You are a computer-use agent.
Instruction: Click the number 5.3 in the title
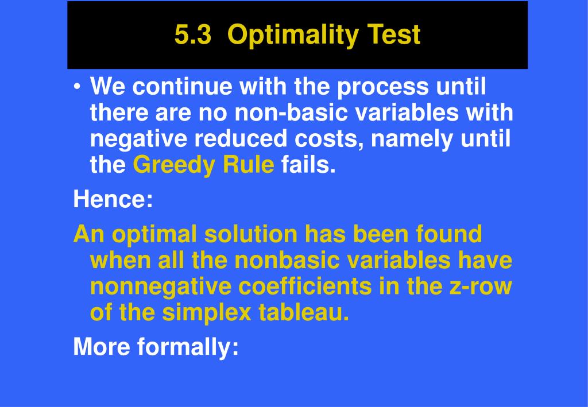(193, 34)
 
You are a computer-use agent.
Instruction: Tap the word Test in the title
(393, 34)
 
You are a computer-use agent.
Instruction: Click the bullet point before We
(77, 87)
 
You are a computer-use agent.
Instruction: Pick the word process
(382, 87)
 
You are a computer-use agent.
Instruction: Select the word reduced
(241, 138)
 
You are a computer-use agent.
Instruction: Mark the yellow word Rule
(248, 164)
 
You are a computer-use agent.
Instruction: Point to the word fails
(308, 164)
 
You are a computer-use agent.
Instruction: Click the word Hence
(113, 199)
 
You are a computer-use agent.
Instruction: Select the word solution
(251, 234)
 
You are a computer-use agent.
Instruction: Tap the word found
(449, 234)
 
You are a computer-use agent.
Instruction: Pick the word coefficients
(305, 286)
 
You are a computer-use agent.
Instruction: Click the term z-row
(481, 286)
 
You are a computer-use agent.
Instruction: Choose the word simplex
(207, 313)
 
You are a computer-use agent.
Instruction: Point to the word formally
(188, 347)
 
